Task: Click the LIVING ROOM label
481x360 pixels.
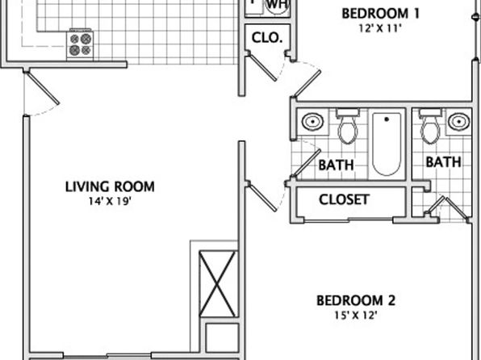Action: point(110,186)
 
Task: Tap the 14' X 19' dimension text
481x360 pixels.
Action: point(110,201)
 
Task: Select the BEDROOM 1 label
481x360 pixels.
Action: point(380,14)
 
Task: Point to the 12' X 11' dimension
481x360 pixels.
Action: point(380,28)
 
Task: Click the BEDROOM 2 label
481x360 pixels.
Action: point(356,301)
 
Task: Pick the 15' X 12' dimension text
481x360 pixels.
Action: point(356,316)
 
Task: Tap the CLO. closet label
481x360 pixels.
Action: point(267,38)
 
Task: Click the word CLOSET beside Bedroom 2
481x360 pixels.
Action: point(344,199)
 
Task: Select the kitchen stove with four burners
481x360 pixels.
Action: point(80,45)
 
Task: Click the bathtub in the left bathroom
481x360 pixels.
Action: point(387,144)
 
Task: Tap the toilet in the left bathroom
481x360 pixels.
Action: point(348,126)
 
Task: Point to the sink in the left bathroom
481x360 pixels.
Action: point(312,122)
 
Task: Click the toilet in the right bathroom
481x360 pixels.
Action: point(430,126)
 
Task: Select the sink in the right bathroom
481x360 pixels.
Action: point(458,122)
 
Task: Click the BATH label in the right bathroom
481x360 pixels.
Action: point(443,162)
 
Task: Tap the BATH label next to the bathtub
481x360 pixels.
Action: point(336,165)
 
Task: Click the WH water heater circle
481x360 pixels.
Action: point(278,6)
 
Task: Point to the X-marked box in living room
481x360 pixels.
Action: point(218,284)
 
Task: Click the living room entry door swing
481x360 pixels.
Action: point(43,89)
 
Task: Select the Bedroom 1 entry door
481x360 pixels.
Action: point(307,81)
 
